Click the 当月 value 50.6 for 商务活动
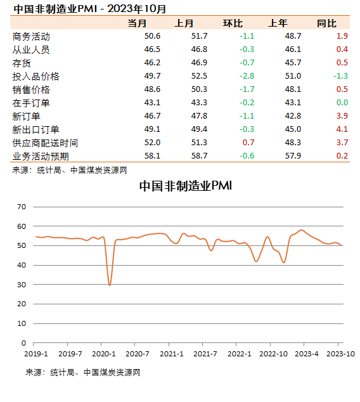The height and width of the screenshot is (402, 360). pyautogui.click(x=153, y=37)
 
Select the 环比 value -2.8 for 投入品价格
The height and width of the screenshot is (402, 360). pyautogui.click(x=247, y=77)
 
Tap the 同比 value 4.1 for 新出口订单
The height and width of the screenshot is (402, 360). pyautogui.click(x=342, y=129)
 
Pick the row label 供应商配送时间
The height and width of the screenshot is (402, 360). pyautogui.click(x=45, y=143)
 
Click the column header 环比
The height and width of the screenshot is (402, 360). pyautogui.click(x=233, y=23)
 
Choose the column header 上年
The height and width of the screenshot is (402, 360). pyautogui.click(x=278, y=23)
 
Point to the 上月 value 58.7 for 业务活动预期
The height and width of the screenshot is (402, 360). pyautogui.click(x=199, y=156)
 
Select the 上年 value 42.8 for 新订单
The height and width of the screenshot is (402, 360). pyautogui.click(x=293, y=116)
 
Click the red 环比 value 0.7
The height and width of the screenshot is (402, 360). pyautogui.click(x=248, y=143)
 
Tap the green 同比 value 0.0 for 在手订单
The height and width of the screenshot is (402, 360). pyautogui.click(x=342, y=103)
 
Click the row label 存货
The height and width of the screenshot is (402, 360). pyautogui.click(x=22, y=63)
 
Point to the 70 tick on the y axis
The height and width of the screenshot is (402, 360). pyautogui.click(x=22, y=207)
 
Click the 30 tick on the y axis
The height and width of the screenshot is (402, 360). pyautogui.click(x=22, y=285)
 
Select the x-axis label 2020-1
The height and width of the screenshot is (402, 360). pyautogui.click(x=103, y=353)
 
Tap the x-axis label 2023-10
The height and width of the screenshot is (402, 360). pyautogui.click(x=340, y=353)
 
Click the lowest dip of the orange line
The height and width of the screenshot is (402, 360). pyautogui.click(x=110, y=285)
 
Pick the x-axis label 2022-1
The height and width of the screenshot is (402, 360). pyautogui.click(x=239, y=353)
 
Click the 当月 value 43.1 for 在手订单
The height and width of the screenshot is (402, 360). pyautogui.click(x=153, y=103)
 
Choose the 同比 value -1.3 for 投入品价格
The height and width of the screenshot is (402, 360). pyautogui.click(x=340, y=77)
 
